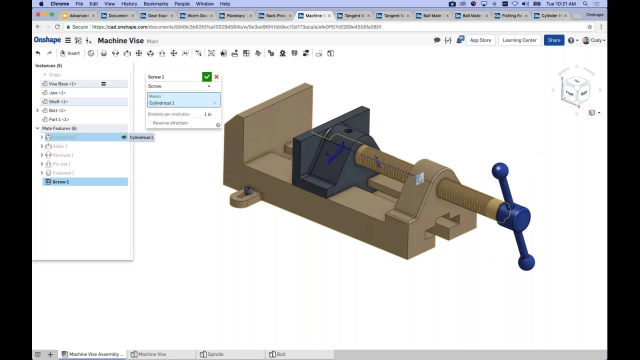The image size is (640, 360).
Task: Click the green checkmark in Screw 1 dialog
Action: point(206,76)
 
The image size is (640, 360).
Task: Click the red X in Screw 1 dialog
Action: point(216,76)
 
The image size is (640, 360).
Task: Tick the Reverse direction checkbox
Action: point(149,123)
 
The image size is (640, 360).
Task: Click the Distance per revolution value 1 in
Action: point(207,114)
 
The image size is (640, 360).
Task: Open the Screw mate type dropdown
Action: point(179,86)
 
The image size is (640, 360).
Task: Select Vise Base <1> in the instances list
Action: point(62,84)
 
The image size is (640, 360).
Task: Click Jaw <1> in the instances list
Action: point(57,93)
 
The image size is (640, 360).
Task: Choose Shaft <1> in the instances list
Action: point(58,101)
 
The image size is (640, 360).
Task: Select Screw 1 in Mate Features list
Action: point(60,182)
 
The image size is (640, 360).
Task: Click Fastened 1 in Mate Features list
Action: point(63,173)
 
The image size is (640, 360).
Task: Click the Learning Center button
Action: point(519,40)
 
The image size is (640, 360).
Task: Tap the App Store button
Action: point(480,40)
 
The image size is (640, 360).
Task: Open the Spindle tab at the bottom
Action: point(215,354)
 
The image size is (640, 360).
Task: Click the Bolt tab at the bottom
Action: point(280,354)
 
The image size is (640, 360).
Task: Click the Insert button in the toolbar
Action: point(70,53)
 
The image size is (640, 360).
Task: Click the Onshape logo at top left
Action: point(47,40)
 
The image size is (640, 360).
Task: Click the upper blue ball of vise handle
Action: point(499,170)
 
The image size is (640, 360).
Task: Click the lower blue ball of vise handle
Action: point(526,262)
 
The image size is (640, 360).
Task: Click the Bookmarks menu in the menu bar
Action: point(155,3)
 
